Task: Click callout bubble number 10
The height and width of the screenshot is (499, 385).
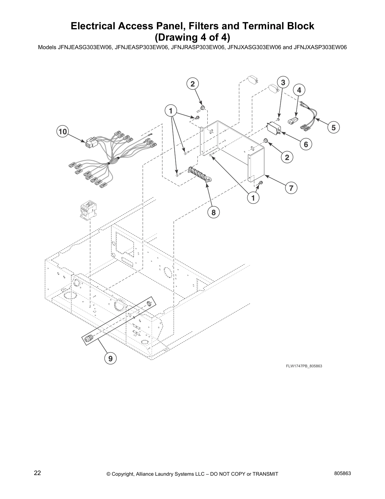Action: click(63, 131)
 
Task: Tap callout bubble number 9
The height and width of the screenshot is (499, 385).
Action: click(110, 358)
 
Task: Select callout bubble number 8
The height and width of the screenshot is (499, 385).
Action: click(213, 212)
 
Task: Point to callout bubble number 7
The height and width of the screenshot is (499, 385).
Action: click(291, 188)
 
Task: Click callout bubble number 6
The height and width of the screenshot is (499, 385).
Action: click(306, 144)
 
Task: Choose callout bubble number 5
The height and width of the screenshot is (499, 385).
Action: click(333, 127)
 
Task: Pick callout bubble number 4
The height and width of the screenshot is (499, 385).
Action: click(299, 90)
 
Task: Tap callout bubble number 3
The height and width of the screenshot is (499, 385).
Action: click(283, 83)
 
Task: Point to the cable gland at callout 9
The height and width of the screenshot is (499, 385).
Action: click(88, 339)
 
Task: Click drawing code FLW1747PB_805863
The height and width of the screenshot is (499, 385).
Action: click(304, 366)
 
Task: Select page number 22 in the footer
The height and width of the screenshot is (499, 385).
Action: click(37, 473)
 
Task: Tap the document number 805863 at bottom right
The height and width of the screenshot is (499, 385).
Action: click(343, 473)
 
